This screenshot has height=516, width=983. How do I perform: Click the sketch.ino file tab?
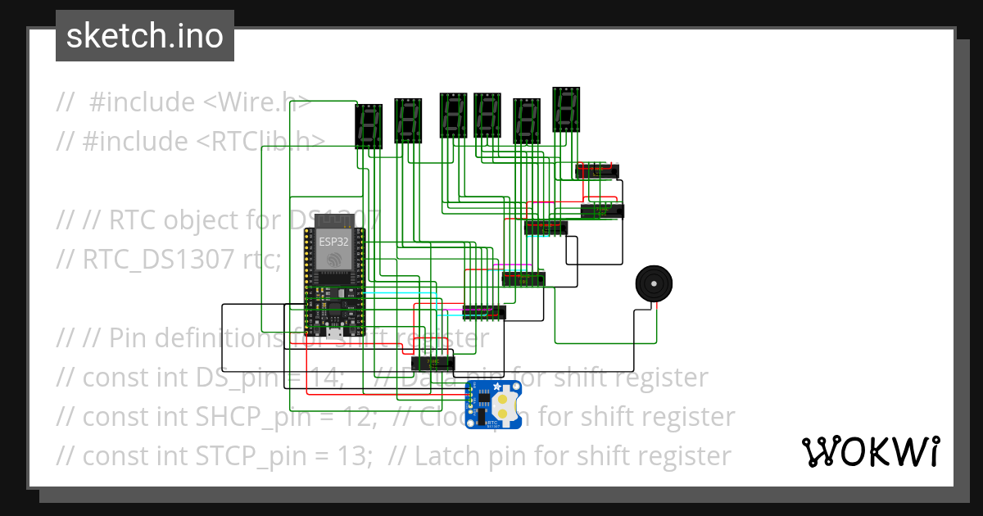(144, 36)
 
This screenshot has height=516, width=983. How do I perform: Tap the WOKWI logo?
(871, 451)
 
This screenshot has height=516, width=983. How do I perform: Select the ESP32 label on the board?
(333, 241)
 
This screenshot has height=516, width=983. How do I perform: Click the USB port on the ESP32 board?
(334, 333)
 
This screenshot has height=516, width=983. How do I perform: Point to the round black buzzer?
(656, 283)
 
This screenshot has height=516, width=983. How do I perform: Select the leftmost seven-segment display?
(369, 124)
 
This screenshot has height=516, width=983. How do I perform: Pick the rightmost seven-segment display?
(567, 108)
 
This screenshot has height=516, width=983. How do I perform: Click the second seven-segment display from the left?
(408, 120)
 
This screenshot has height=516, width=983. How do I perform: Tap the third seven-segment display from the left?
(453, 115)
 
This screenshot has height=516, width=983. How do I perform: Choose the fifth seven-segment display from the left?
(527, 120)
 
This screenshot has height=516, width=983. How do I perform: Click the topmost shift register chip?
(596, 170)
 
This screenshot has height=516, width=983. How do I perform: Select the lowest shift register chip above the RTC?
(433, 362)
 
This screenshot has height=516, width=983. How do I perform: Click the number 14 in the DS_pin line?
(331, 378)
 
